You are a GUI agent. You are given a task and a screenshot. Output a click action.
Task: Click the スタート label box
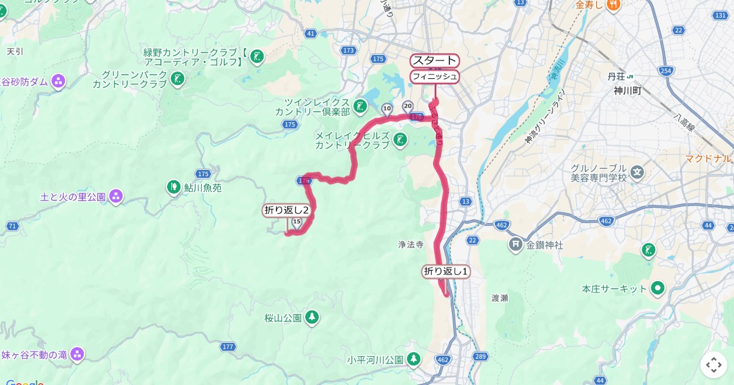(x=434, y=61)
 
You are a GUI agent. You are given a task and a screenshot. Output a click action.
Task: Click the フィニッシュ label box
(x=434, y=76)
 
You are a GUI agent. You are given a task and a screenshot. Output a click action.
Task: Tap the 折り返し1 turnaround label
(x=446, y=271)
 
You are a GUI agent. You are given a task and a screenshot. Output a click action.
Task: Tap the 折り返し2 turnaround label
(x=286, y=210)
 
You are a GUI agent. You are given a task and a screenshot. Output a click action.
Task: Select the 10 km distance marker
(x=387, y=109)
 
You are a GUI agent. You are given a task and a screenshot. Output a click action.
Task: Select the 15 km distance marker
(x=297, y=222)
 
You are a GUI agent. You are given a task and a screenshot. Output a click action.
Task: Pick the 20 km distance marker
(x=408, y=106)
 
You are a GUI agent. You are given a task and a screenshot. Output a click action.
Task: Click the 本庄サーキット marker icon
(x=658, y=288)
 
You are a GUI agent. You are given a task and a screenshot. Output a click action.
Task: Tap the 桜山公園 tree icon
(x=312, y=317)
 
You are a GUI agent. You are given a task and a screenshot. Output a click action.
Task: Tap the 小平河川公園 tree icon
(x=414, y=358)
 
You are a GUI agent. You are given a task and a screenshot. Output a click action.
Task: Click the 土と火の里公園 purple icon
(x=116, y=197)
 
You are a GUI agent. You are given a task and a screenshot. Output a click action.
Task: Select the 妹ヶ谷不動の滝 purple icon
(x=76, y=354)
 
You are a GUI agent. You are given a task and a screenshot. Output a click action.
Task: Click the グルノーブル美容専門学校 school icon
(x=637, y=173)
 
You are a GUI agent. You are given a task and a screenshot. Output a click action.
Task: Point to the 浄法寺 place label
(x=410, y=244)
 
